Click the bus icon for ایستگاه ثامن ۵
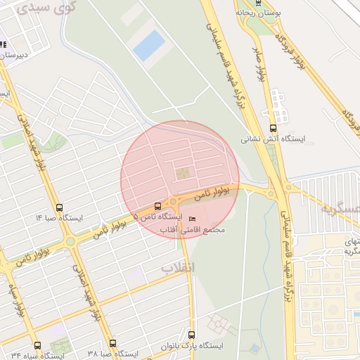(157, 207)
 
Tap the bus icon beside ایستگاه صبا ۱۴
(59, 208)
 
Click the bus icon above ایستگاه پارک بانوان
(191, 335)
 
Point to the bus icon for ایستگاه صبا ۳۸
(112, 343)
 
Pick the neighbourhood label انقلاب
(177, 268)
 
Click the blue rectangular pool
(149, 45)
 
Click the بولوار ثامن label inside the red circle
(212, 193)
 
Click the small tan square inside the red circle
(182, 172)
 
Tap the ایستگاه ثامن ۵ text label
(157, 218)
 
